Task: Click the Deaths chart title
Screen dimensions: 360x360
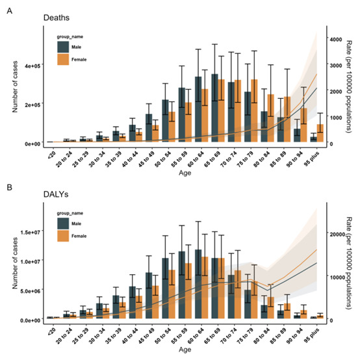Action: coord(57,18)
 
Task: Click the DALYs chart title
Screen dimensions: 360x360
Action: coord(56,194)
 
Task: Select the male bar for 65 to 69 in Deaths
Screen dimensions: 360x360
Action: coord(214,108)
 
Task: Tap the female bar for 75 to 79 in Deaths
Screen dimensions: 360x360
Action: coord(254,110)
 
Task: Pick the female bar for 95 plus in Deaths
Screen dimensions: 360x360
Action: coord(320,133)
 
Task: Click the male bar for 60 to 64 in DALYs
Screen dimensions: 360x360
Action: coord(198,284)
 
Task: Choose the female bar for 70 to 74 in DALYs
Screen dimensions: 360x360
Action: coord(238,294)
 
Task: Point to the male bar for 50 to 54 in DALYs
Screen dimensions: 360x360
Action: coord(165,288)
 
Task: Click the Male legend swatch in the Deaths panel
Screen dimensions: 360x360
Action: coord(63,47)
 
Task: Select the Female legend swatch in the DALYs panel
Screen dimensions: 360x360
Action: coord(63,236)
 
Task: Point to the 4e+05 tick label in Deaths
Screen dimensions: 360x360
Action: coord(32,66)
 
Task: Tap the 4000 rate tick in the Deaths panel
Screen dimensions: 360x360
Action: coord(336,40)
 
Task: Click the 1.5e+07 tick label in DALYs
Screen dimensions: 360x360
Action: coord(31,233)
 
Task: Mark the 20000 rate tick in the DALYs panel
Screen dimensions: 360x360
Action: coord(337,235)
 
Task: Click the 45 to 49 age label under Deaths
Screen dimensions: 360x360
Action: coord(147,159)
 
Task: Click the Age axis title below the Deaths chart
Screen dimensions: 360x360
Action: coord(185,173)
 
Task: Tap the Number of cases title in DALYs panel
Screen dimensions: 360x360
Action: coord(15,263)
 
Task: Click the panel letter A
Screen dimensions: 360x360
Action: coord(9,11)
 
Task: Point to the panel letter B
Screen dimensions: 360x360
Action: coord(9,187)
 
